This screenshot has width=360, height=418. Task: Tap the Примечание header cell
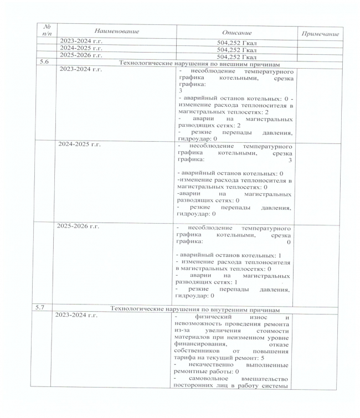319,34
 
